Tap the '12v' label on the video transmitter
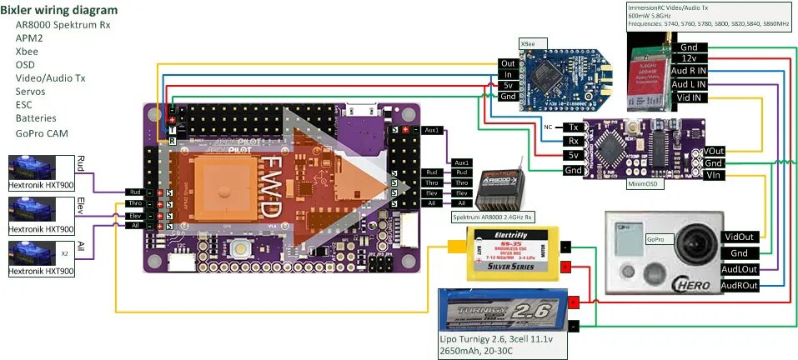(x=689, y=59)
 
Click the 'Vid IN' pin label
(x=689, y=97)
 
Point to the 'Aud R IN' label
(x=689, y=72)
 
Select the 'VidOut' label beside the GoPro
(x=739, y=237)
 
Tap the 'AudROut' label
(x=739, y=285)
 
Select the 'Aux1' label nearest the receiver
(x=462, y=162)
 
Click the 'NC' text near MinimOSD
(x=548, y=127)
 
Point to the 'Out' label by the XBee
(x=508, y=63)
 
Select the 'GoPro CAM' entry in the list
(x=41, y=133)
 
